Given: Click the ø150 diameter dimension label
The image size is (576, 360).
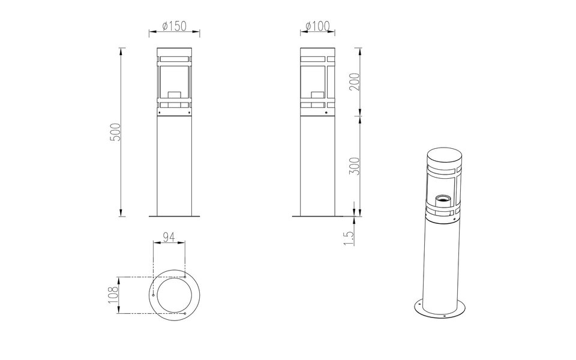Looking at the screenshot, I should (x=175, y=26).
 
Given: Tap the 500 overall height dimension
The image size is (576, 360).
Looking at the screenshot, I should (x=116, y=132).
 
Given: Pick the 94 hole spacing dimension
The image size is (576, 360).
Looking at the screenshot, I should (x=169, y=238).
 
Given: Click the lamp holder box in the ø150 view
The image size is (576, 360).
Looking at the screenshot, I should (x=175, y=95).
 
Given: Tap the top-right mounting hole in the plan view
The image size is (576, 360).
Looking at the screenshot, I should (x=185, y=277).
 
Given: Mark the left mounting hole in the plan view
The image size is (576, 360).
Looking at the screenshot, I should (x=154, y=295).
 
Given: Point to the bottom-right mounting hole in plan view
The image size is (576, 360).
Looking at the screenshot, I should (x=185, y=313).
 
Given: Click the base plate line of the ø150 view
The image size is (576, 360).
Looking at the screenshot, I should (x=175, y=216).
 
